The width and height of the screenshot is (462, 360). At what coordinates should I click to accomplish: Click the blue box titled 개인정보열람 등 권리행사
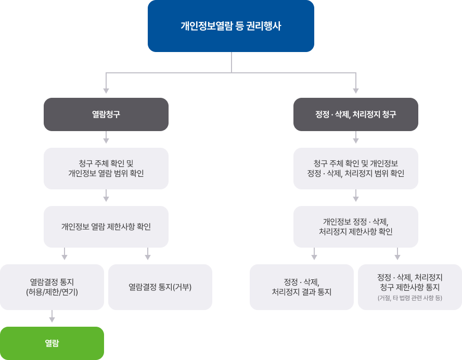click(230, 26)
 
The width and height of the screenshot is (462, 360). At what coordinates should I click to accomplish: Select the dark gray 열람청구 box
click(106, 114)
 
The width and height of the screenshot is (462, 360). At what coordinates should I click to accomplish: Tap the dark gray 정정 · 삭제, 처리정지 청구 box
click(356, 114)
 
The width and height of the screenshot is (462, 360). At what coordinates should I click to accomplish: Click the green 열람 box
click(52, 343)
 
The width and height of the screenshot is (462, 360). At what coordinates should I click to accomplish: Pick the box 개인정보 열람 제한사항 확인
click(106, 227)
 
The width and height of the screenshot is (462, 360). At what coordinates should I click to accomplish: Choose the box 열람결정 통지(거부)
click(160, 287)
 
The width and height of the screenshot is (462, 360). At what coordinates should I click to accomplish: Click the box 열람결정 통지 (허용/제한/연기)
click(52, 287)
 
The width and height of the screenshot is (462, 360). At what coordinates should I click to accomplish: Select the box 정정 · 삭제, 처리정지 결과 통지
click(302, 287)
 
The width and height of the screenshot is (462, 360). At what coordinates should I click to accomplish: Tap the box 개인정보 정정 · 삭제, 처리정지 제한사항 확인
click(356, 227)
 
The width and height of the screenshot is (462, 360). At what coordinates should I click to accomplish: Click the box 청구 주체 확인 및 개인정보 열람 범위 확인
click(106, 168)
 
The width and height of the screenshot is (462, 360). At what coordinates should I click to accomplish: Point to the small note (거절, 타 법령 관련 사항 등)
click(410, 298)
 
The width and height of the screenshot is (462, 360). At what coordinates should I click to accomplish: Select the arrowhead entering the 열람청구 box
click(106, 91)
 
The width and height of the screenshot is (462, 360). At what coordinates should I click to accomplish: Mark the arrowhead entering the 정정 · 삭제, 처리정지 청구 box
click(356, 91)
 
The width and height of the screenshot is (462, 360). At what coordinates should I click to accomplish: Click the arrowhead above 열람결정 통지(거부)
click(148, 256)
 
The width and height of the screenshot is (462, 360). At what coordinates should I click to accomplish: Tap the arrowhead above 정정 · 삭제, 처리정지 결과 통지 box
click(314, 256)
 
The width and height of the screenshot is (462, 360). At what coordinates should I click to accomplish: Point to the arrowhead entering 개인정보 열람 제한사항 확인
click(106, 199)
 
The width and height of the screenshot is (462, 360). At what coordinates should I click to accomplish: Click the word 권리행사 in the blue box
click(264, 26)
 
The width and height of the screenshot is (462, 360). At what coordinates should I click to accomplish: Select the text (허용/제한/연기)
click(52, 292)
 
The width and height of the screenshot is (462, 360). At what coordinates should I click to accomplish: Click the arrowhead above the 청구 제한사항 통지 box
click(397, 256)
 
